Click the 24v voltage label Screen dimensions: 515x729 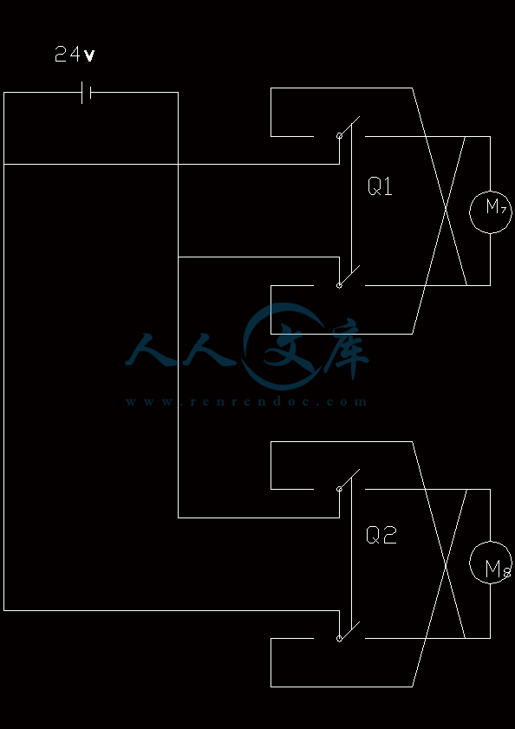click(x=75, y=54)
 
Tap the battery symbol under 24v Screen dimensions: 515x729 click(x=86, y=93)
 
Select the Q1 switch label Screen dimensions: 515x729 click(x=380, y=186)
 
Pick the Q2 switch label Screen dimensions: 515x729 click(x=381, y=535)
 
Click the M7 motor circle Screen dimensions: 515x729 click(x=490, y=191)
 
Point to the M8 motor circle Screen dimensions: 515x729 click(x=490, y=542)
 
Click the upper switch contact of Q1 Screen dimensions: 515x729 click(x=349, y=127)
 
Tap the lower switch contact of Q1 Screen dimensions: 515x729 click(x=349, y=277)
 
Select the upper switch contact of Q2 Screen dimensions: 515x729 click(x=349, y=480)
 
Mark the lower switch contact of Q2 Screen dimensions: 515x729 click(x=349, y=630)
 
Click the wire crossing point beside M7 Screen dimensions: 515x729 click(x=447, y=210)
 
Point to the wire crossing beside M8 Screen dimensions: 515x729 click(x=447, y=564)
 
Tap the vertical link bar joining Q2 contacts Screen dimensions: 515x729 click(x=351, y=555)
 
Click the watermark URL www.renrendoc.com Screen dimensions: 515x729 click(x=246, y=401)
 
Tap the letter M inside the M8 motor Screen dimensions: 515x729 click(x=492, y=569)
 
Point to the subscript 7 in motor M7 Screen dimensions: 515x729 click(x=503, y=209)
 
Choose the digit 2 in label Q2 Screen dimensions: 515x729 click(x=390, y=535)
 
